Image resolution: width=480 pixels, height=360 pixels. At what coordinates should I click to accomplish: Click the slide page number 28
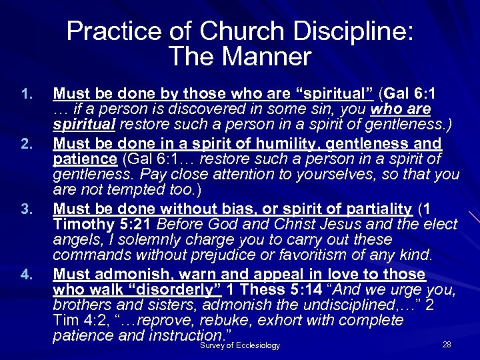tap(447, 344)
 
